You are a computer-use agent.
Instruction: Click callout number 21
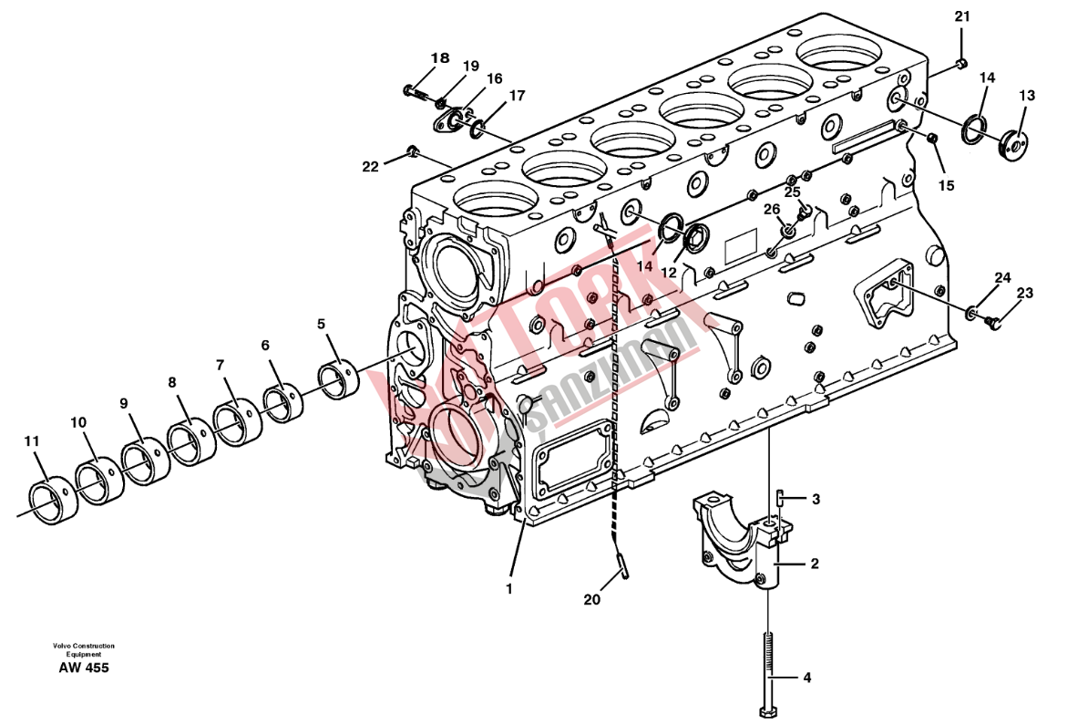tap(961, 16)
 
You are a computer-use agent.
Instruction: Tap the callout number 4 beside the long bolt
tap(806, 677)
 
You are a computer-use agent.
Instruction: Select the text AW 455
tap(84, 668)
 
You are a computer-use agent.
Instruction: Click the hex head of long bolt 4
tap(768, 711)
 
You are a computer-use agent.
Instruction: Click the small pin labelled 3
tap(780, 497)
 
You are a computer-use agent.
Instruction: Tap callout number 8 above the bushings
tap(172, 382)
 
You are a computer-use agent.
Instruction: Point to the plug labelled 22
tap(413, 150)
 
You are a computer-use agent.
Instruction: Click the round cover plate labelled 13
tap(1016, 143)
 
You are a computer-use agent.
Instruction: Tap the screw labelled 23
tap(993, 321)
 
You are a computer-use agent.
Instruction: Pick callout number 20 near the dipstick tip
tap(591, 598)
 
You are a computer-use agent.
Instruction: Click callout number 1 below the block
tap(509, 589)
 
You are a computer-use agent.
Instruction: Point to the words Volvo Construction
tap(83, 646)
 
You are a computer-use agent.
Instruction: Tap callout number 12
tap(668, 273)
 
